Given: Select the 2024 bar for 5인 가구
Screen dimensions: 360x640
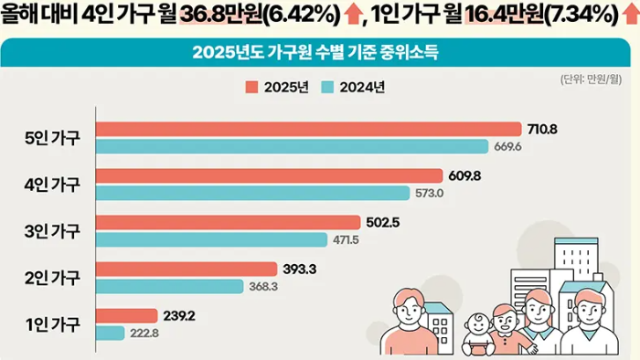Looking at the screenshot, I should (293, 146).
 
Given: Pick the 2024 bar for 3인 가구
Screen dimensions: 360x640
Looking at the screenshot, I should (211, 239).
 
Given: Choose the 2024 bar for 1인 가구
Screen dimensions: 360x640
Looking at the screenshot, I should (110, 333).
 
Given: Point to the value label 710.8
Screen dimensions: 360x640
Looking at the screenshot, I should (541, 128).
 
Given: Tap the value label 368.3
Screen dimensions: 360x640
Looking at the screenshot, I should (262, 286).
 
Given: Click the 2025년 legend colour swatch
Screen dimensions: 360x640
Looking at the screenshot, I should (251, 88).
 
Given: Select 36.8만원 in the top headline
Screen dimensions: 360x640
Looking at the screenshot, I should (229, 17).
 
